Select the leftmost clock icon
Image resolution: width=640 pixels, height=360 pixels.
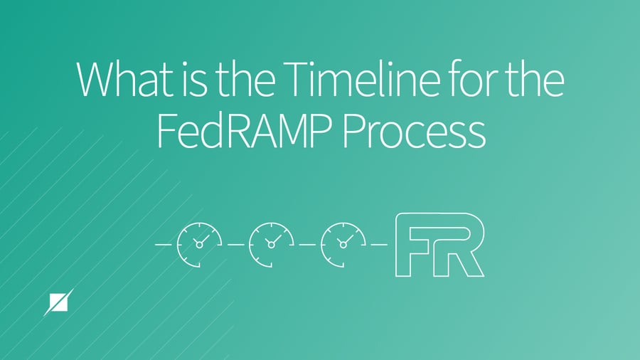[x=199, y=244]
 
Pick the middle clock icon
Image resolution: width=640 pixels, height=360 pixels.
[x=271, y=244]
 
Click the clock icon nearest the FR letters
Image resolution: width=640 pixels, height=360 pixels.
[x=343, y=244]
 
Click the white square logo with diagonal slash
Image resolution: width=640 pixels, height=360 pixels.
[x=57, y=303]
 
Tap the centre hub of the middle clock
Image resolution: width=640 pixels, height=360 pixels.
[x=271, y=245]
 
